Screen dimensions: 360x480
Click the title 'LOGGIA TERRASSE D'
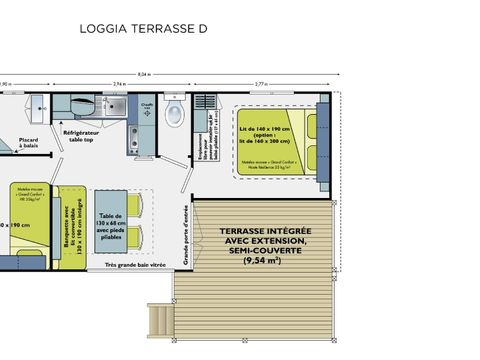coord(143,29)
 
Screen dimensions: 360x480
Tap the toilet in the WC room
coord(173,112)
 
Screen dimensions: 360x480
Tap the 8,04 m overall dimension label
coord(172,75)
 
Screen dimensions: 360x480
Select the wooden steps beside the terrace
coord(160,321)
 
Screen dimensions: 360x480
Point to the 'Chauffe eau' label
coord(147,103)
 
